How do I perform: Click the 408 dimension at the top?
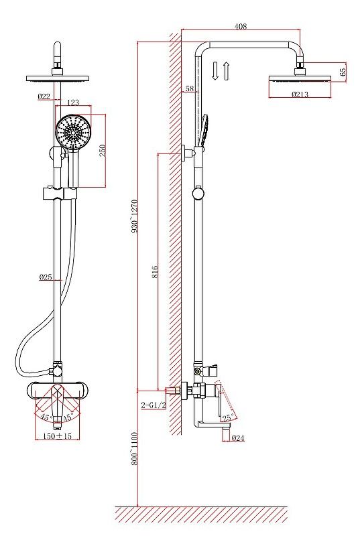click(x=241, y=26)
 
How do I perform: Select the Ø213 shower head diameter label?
click(x=300, y=94)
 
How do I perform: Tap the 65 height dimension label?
click(x=343, y=72)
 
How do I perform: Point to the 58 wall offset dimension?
click(x=190, y=88)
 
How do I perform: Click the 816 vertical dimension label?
click(x=156, y=271)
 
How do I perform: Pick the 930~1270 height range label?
click(x=134, y=216)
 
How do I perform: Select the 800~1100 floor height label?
click(x=134, y=448)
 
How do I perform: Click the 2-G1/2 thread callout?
click(x=154, y=405)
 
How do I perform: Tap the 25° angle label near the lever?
click(x=228, y=417)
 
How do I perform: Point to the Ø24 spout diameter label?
click(x=238, y=438)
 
